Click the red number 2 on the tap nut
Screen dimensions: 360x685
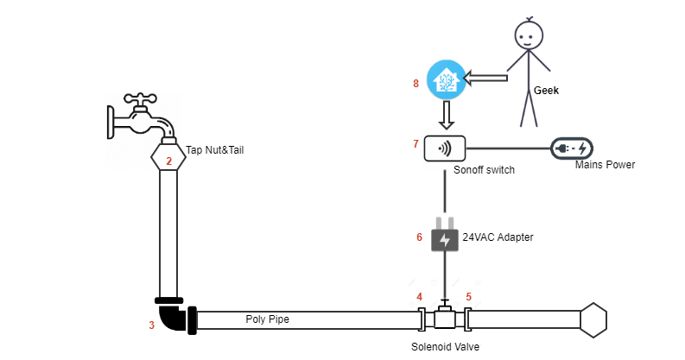click(x=169, y=161)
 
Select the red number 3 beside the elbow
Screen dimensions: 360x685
click(x=151, y=325)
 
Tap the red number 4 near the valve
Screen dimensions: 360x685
click(x=420, y=297)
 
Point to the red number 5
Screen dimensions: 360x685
click(x=469, y=297)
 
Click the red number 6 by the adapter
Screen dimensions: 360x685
click(x=420, y=237)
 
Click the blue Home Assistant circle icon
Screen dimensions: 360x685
click(x=445, y=80)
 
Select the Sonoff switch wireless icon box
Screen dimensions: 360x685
click(x=445, y=148)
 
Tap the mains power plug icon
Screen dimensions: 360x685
click(x=572, y=148)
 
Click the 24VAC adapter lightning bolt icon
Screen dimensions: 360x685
click(x=445, y=239)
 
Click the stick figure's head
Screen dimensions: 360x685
click(x=529, y=35)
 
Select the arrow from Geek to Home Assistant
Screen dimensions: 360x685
click(x=485, y=79)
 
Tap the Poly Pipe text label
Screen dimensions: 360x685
click(x=267, y=319)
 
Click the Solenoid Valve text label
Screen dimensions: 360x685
click(x=445, y=346)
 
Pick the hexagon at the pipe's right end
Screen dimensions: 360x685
click(x=593, y=319)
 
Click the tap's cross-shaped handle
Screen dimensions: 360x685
click(x=138, y=99)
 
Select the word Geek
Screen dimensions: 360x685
click(x=546, y=88)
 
